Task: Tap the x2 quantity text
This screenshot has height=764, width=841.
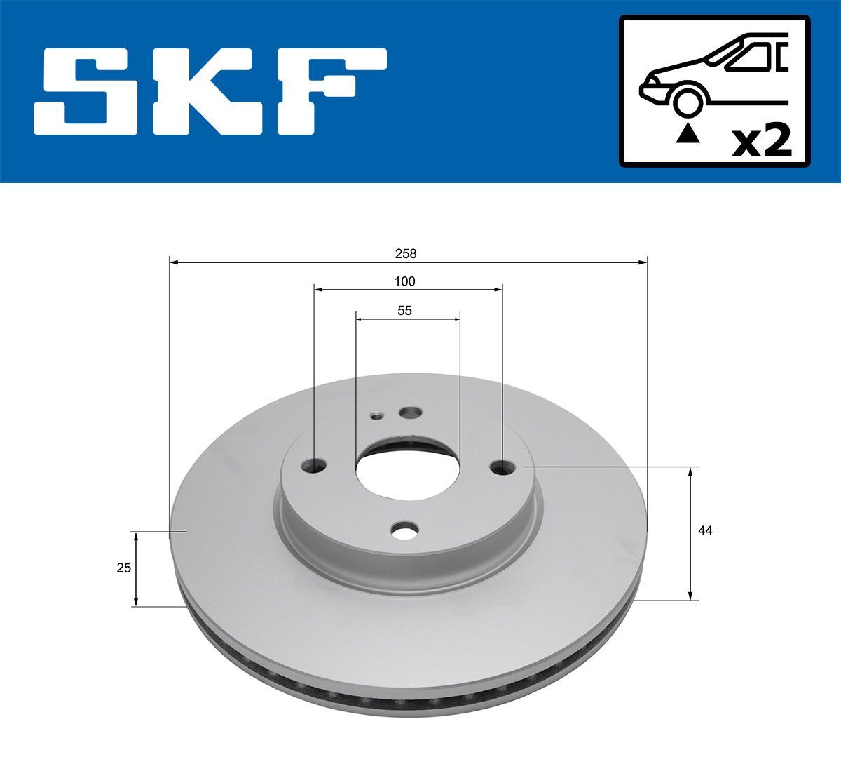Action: pyautogui.click(x=761, y=142)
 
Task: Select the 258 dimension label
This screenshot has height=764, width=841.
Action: pyautogui.click(x=405, y=253)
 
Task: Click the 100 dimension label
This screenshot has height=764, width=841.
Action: pyautogui.click(x=404, y=281)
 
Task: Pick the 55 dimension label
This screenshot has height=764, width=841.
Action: pyautogui.click(x=404, y=310)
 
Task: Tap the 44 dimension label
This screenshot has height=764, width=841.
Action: pyautogui.click(x=705, y=531)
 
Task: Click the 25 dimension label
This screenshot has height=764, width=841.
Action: pyautogui.click(x=123, y=568)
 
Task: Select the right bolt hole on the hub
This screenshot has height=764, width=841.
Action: pyautogui.click(x=502, y=467)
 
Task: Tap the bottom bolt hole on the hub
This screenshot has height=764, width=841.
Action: pyautogui.click(x=405, y=531)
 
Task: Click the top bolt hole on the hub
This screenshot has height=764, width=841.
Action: pyautogui.click(x=409, y=412)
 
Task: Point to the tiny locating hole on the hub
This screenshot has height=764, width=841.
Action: pyautogui.click(x=377, y=416)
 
